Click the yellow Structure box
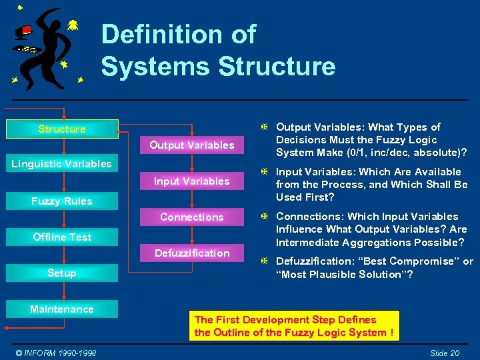pos(61,129)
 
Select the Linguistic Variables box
pos(61,164)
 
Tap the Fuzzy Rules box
pos(61,201)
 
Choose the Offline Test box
pos(61,237)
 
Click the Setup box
pos(61,273)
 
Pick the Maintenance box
pos(61,309)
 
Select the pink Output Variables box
pos(192,145)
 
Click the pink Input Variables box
pos(192,181)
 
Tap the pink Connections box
pos(192,217)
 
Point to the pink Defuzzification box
pos(192,253)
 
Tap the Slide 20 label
pos(445,353)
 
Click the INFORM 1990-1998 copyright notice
pos(56,353)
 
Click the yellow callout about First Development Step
pos(294,326)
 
